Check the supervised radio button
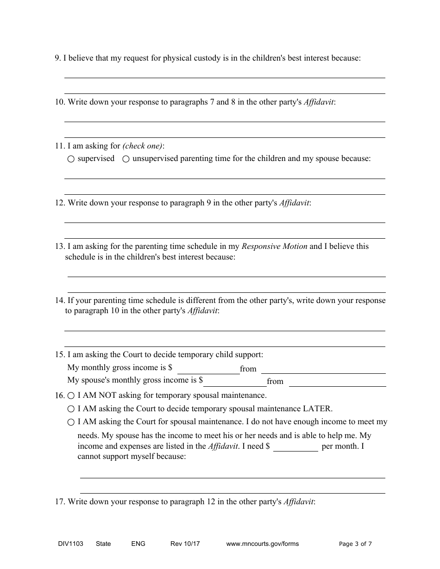point(71,159)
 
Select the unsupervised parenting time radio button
point(126,159)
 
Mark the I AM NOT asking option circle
point(71,396)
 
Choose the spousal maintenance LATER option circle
point(71,409)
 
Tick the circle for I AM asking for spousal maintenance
point(71,422)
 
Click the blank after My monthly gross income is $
point(208,370)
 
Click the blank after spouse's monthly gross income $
point(235,382)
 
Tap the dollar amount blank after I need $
point(295,447)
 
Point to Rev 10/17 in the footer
point(185,544)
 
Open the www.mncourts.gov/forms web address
point(262,544)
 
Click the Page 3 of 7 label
point(355,544)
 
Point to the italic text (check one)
point(143,146)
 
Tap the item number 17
point(60,501)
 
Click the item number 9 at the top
point(57,58)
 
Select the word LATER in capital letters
point(317,409)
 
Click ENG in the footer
point(138,544)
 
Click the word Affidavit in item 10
point(318,102)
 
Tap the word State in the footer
point(103,544)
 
